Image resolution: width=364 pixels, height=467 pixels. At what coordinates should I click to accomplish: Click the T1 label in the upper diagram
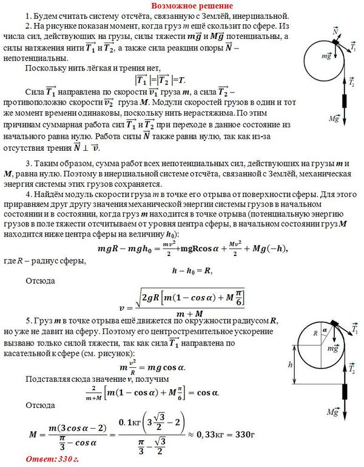click(354, 47)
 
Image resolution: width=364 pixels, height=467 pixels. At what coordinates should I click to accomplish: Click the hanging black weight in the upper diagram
click(346, 97)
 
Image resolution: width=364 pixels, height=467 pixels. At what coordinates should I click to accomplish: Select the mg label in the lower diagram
click(332, 348)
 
